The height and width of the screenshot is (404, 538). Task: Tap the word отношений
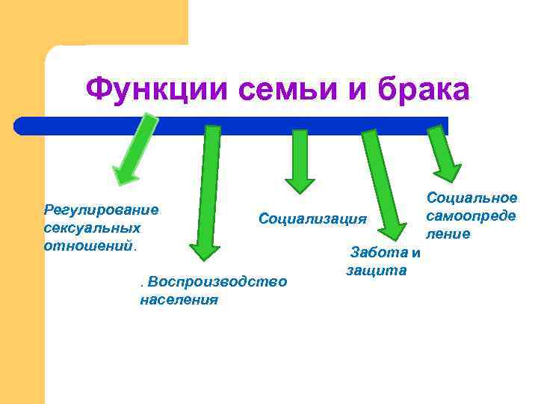coord(88,245)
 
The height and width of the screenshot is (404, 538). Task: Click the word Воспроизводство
coord(217,282)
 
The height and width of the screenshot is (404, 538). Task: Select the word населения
coord(179,300)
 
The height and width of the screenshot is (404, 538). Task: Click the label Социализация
coord(313,218)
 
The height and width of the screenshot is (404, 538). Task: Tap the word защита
coord(377,269)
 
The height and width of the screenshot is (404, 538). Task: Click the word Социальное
coord(471,198)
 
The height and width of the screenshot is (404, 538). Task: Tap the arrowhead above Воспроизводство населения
coord(205,251)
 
